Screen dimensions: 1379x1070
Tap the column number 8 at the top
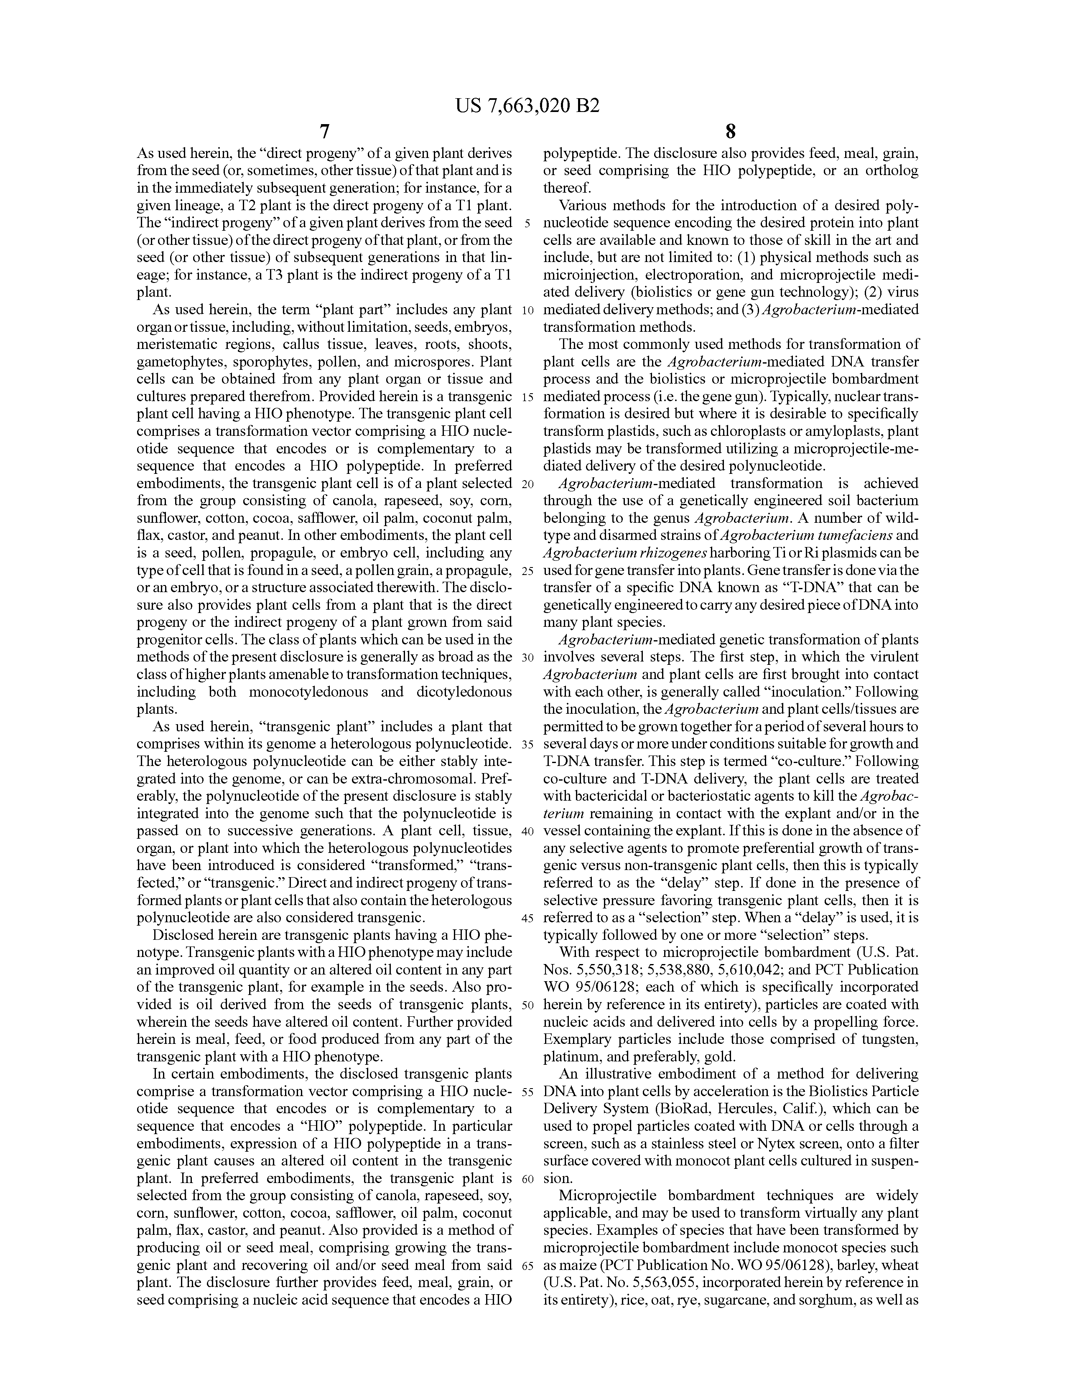(731, 132)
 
